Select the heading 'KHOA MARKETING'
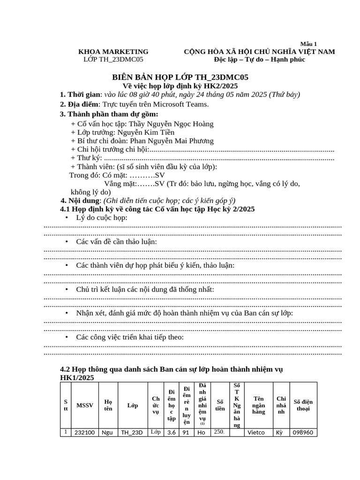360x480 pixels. pos(113,52)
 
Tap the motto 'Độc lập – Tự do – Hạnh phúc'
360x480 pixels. pos(259,60)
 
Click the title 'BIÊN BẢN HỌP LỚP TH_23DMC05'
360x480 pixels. pos(180,77)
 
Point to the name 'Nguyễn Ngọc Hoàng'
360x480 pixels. pos(184,124)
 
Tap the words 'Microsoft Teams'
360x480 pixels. pos(182,104)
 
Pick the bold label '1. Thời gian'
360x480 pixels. pos(80,95)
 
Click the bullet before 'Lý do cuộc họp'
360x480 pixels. pos(67,217)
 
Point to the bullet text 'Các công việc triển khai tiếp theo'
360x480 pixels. pos(130,337)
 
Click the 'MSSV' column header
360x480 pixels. pos(85,405)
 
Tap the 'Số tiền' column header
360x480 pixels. pos(220,405)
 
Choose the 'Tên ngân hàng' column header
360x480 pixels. pos(258,405)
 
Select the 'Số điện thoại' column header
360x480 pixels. pos(303,405)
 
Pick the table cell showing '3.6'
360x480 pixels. pos(171,433)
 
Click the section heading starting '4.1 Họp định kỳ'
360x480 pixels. pos(157,209)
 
